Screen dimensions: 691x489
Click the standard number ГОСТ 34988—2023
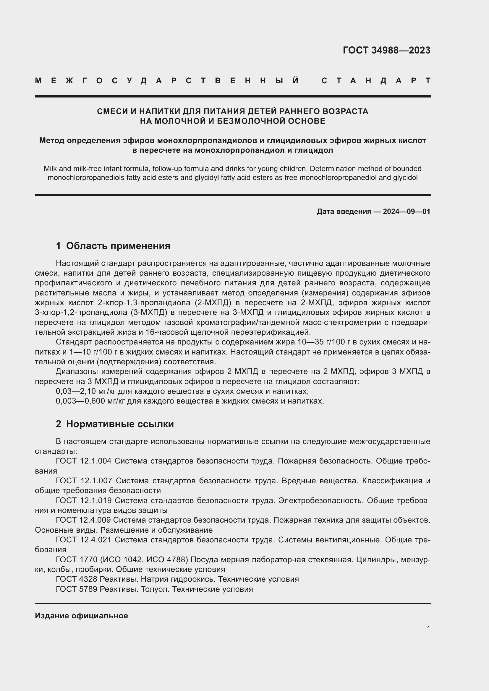pos(386,50)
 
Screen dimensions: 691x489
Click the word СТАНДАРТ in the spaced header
pos(376,81)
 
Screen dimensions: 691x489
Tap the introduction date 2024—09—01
pos(406,212)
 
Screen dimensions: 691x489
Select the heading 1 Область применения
pos(113,246)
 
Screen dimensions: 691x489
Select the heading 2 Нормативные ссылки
pos(115,424)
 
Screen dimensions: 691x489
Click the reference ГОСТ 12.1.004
pos(84,461)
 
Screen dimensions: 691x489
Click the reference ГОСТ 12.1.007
pos(84,481)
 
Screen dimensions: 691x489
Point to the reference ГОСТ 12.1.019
pos(84,500)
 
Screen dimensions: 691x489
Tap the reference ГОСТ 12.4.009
pos(83,520)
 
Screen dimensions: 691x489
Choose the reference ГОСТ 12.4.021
pos(84,540)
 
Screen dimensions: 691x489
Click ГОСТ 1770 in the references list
pos(77,560)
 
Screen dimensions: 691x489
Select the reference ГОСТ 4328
pos(77,579)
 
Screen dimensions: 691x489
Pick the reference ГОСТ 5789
pos(77,589)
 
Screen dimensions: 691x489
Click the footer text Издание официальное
pos(81,616)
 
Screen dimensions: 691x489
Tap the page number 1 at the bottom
pos(428,628)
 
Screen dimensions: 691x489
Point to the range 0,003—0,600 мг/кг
pos(90,401)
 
